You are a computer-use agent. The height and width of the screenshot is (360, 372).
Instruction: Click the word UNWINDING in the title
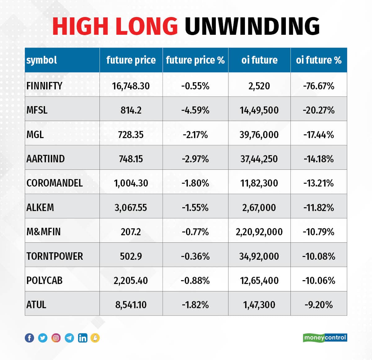[x=252, y=26]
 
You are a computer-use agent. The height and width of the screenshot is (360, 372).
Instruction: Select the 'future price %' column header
[x=195, y=60]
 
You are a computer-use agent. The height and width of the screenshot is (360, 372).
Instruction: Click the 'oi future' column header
[x=259, y=60]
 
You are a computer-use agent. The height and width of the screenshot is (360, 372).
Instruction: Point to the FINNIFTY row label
[x=44, y=86]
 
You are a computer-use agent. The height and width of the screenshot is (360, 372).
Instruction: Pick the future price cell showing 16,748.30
[x=131, y=86]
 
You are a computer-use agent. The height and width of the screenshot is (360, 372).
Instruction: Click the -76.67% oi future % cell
[x=319, y=86]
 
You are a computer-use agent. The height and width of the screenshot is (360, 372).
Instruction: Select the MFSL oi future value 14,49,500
[x=259, y=110]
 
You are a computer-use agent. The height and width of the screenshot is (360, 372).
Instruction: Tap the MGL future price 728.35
[x=131, y=135]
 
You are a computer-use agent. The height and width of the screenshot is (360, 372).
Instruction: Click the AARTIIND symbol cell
[x=46, y=159]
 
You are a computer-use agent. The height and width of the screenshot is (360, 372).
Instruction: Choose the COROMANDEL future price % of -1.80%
[x=195, y=183]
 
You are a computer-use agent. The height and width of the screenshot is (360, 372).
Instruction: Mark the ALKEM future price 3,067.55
[x=131, y=207]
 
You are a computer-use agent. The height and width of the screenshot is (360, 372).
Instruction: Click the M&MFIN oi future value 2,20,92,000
[x=259, y=232]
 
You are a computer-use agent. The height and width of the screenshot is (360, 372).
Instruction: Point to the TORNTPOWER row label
[x=55, y=256]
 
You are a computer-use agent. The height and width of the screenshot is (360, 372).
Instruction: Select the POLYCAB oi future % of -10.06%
[x=319, y=281]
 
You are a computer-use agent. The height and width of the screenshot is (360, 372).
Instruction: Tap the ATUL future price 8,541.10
[x=131, y=305]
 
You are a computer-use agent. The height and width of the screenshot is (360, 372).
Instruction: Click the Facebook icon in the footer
[x=29, y=338]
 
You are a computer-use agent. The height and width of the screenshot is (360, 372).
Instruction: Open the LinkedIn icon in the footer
[x=82, y=338]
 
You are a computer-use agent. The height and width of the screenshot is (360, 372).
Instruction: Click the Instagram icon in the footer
[x=56, y=338]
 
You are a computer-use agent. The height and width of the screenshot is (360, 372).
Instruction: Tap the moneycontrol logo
[x=325, y=338]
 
